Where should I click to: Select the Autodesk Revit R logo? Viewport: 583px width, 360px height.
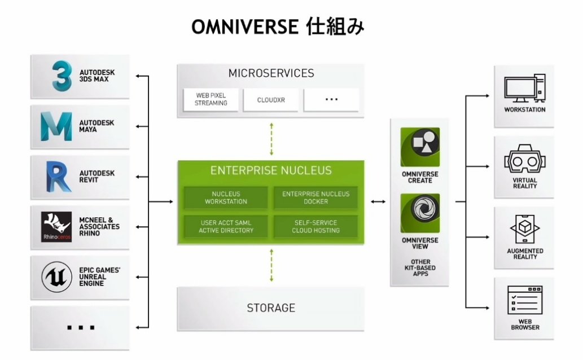[56, 176]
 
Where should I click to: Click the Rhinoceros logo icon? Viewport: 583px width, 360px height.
[56, 226]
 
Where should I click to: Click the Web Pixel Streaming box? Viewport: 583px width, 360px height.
[211, 99]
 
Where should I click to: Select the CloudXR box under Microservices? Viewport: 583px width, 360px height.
[271, 99]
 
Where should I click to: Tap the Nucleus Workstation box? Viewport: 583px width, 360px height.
[226, 197]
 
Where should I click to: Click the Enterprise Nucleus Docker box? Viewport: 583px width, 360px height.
[315, 197]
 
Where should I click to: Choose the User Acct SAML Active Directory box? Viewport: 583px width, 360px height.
[226, 226]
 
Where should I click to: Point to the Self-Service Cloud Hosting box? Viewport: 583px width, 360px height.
[315, 226]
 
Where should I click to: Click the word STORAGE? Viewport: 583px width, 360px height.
[271, 308]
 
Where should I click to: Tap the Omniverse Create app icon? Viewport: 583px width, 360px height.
[420, 147]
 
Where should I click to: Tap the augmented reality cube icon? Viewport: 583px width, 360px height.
[524, 231]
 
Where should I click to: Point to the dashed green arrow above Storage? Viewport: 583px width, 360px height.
[271, 265]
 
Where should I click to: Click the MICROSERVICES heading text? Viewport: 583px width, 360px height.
[271, 73]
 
